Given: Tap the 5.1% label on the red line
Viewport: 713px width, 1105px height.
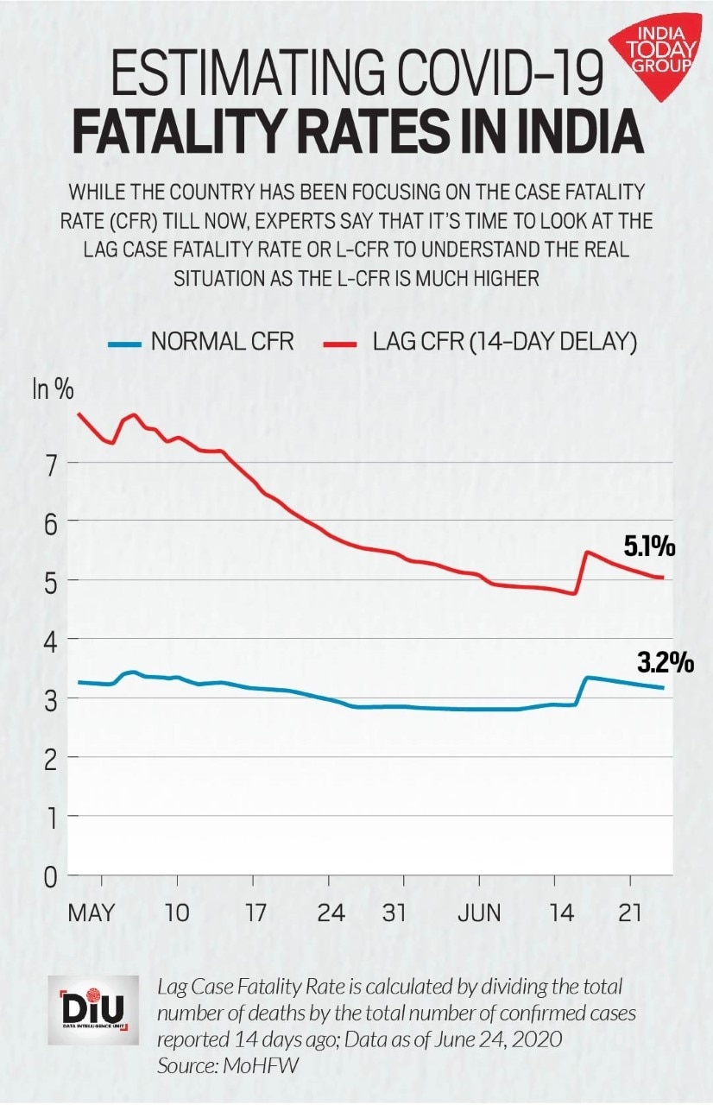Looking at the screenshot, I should (649, 546).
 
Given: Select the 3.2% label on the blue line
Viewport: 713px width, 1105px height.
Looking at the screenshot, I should (666, 663).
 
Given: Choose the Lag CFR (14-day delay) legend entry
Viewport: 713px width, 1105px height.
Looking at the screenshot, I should (483, 342).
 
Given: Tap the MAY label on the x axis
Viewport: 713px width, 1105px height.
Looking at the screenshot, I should (91, 913).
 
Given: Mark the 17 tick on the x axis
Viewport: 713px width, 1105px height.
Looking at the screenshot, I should (253, 913).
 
